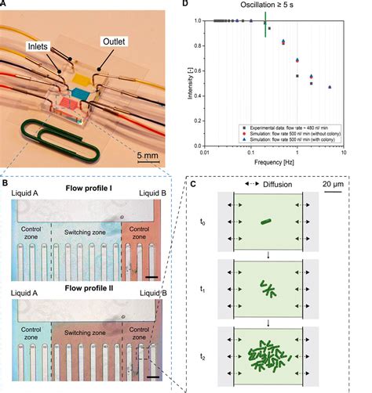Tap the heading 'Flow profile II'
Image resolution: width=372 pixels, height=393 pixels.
[x=89, y=292]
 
